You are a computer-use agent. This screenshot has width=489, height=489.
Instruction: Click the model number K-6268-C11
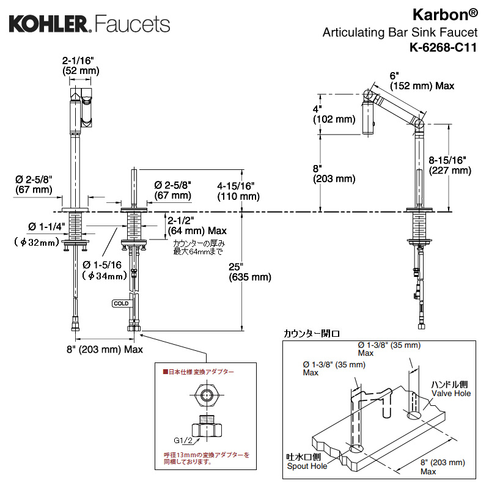(x=443, y=48)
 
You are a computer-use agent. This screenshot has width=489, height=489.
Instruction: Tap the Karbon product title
(x=445, y=15)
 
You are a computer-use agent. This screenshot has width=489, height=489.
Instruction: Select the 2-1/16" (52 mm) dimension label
(x=81, y=65)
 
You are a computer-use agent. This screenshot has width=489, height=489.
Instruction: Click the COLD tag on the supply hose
(x=121, y=303)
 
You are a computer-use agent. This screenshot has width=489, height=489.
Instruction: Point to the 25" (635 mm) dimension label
(x=250, y=272)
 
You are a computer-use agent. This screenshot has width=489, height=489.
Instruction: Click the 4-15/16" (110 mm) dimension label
(x=238, y=191)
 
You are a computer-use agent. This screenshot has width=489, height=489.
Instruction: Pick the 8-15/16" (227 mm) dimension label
(x=450, y=165)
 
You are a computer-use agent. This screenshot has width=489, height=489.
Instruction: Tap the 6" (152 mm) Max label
(x=422, y=81)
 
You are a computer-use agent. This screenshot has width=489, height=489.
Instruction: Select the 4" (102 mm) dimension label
(x=334, y=114)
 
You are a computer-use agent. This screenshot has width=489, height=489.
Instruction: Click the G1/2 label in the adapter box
(x=183, y=440)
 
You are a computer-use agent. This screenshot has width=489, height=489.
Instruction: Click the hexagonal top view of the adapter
(x=206, y=395)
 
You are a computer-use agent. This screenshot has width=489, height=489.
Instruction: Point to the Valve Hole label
(x=451, y=393)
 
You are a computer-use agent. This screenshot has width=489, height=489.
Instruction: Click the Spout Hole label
(x=307, y=466)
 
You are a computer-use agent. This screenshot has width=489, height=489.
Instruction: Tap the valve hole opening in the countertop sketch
(x=414, y=415)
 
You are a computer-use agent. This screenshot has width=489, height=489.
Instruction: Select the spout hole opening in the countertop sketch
(x=356, y=449)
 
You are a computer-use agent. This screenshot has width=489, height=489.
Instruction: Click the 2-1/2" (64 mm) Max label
(x=197, y=226)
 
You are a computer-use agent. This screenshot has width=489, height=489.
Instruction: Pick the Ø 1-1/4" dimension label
(x=46, y=227)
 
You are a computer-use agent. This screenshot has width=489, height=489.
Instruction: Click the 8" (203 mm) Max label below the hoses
(x=105, y=349)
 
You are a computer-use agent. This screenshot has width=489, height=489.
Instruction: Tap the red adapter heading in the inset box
(x=198, y=372)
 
